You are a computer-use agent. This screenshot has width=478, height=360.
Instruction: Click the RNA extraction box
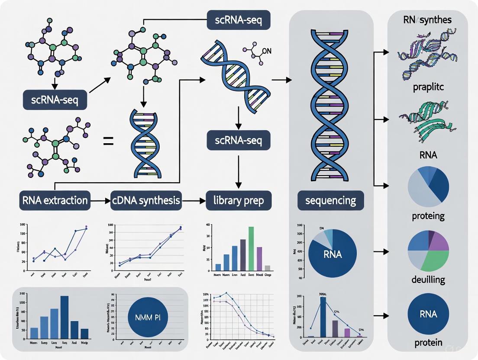tap(55, 200)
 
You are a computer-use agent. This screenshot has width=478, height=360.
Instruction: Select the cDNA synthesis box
tap(146, 200)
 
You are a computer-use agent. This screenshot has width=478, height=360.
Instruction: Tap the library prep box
tap(239, 200)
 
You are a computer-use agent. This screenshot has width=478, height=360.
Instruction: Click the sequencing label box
tap(331, 200)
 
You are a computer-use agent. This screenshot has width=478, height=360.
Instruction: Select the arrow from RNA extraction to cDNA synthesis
tap(100, 201)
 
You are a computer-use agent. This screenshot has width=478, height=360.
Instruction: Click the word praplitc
tap(428, 87)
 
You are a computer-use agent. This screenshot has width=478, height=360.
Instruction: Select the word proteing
tap(428, 216)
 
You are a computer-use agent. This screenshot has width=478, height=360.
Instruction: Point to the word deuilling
tap(428, 280)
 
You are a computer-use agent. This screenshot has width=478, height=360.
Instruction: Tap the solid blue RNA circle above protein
tap(428, 314)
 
